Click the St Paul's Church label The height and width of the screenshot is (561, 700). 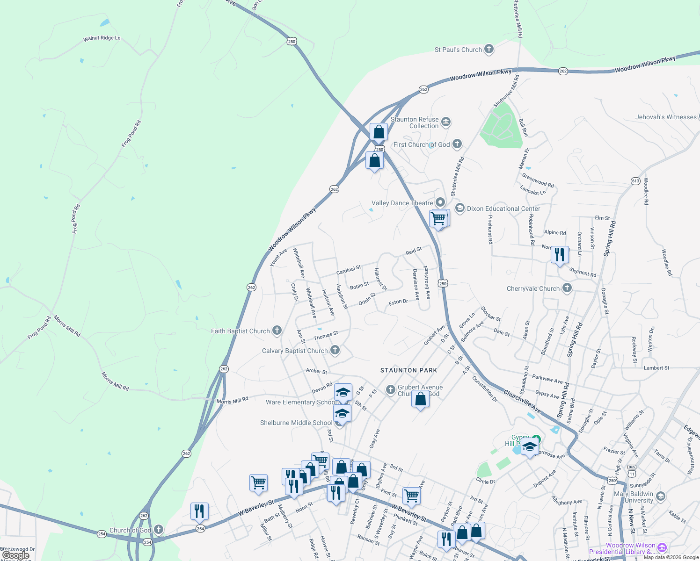458,50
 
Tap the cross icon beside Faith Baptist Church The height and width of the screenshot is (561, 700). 277,331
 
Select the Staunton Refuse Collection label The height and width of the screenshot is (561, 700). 415,122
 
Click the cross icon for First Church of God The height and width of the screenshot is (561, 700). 457,144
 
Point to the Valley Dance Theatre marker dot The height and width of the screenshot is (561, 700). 440,202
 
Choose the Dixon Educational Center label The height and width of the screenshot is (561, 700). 503,209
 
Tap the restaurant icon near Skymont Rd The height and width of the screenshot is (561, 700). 560,255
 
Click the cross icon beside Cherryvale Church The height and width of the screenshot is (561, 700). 567,288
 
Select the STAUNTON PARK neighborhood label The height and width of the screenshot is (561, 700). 408,370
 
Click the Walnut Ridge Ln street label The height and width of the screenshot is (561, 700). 102,38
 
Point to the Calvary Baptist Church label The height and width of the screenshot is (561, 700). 295,351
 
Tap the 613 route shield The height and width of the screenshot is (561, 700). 635,181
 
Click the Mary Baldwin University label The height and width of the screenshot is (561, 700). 634,497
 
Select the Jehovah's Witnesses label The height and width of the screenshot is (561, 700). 666,117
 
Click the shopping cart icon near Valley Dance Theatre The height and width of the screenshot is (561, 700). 438,218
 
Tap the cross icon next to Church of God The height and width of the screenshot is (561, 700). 159,529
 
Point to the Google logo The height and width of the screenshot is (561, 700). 16,555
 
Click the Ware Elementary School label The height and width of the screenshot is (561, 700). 301,402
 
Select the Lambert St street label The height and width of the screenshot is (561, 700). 656,368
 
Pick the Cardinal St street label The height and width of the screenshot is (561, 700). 349,270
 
